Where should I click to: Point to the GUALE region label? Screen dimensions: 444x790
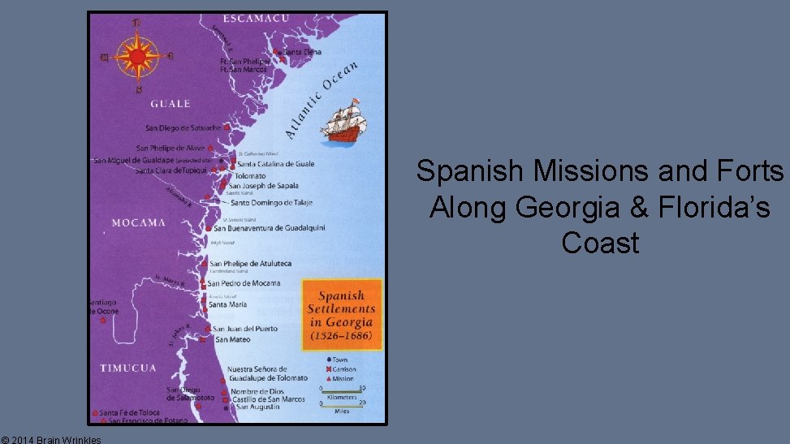click(171, 104)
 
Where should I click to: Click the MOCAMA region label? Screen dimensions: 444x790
click(138, 222)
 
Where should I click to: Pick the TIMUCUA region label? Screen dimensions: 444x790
click(127, 369)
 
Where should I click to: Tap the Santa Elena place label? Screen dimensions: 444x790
click(302, 52)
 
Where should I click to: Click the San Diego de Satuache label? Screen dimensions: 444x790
click(183, 128)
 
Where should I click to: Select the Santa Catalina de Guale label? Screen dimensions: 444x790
click(275, 164)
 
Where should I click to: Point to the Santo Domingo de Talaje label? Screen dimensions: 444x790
click(271, 203)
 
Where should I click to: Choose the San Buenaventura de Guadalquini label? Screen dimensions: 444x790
click(269, 228)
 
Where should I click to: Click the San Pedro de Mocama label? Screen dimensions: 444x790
click(244, 283)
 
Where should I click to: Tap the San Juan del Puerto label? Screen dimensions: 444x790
click(244, 329)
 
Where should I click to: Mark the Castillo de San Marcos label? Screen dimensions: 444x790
click(268, 399)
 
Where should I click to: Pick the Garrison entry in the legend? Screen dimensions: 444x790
click(342, 369)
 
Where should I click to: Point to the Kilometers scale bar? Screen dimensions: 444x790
click(342, 391)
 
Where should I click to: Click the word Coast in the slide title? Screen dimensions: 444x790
click(600, 243)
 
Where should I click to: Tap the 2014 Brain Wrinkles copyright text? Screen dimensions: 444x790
click(51, 439)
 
